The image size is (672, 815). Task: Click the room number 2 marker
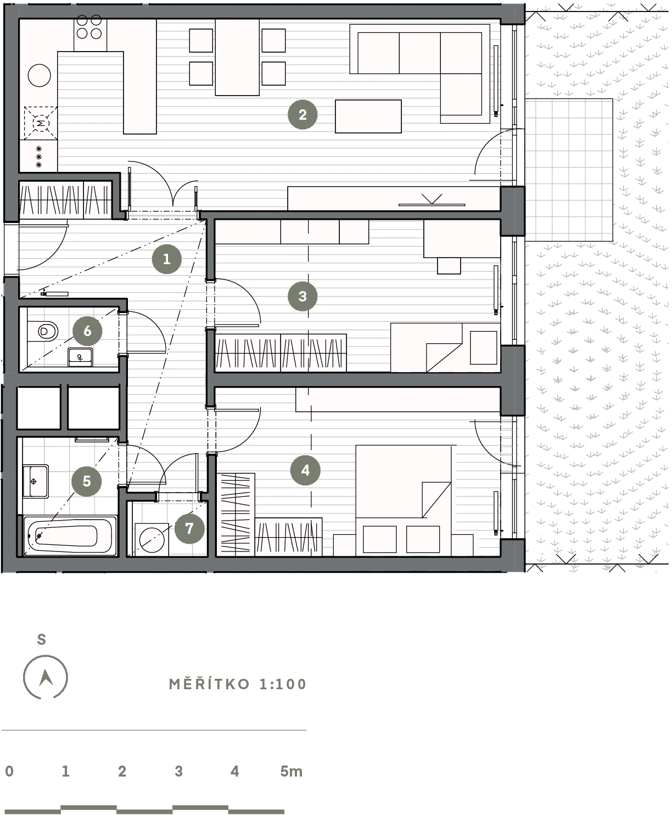[303, 115]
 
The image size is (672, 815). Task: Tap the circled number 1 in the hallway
[167, 259]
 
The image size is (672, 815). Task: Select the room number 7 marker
[189, 528]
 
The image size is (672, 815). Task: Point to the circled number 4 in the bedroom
[305, 470]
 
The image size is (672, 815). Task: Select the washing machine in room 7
[152, 540]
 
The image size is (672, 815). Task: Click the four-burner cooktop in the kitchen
[89, 27]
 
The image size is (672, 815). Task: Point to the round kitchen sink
[40, 75]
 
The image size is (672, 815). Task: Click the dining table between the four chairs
[237, 57]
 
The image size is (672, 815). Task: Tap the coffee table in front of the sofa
[368, 116]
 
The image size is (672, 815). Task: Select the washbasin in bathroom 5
[36, 481]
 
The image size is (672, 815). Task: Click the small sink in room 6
[80, 357]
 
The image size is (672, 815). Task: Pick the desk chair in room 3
[449, 265]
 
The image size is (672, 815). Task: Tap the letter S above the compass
[41, 639]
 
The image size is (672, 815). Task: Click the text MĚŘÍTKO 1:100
[238, 684]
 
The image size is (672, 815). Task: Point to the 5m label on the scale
[291, 771]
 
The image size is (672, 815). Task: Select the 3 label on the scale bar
[178, 771]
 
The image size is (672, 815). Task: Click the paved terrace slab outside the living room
[569, 170]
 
